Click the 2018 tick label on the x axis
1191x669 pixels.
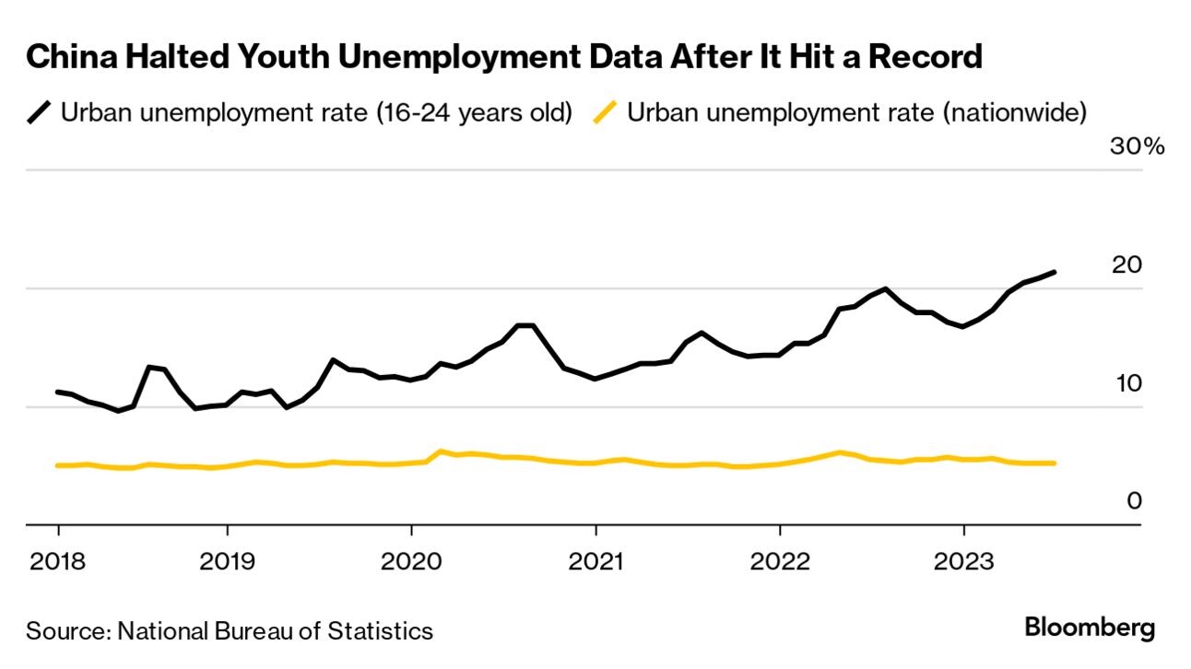[58, 561]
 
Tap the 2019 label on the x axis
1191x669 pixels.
[227, 561]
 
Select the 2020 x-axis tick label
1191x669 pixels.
[411, 561]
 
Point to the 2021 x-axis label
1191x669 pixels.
[595, 561]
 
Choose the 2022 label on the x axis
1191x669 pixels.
[780, 561]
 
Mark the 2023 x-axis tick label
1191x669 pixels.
[964, 561]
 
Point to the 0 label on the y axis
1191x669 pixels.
[1135, 501]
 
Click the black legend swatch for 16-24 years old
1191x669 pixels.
[40, 113]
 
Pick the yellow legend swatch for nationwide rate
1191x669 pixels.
[606, 113]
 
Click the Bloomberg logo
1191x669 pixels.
[1090, 629]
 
